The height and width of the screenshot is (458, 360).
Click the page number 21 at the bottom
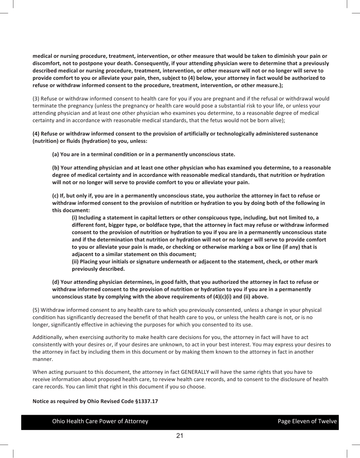point(180,436)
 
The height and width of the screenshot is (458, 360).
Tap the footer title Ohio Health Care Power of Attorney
point(100,421)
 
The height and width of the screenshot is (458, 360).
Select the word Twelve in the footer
point(327,421)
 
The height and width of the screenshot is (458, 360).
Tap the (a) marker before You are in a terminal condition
point(56,154)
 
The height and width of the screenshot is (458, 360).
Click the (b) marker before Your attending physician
point(56,167)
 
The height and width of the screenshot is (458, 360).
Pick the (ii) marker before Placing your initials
point(76,262)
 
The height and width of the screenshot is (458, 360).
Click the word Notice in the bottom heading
point(41,401)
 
